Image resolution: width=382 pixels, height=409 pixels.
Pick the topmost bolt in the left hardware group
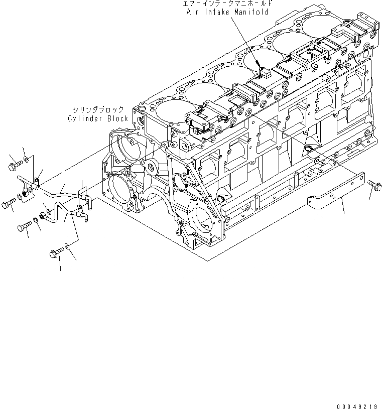click(15, 163)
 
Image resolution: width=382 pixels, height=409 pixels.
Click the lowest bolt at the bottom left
click(55, 254)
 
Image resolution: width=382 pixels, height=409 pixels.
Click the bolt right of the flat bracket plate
click(374, 184)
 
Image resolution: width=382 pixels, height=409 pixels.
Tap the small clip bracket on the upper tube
click(37, 176)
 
